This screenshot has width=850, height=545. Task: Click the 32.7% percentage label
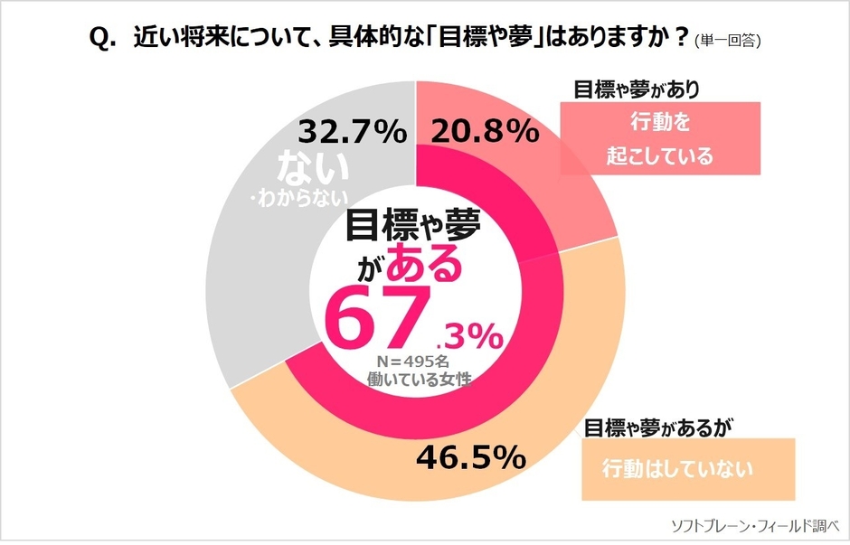[352, 133]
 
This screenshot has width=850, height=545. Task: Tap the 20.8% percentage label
[480, 133]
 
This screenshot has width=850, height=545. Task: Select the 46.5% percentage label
[470, 457]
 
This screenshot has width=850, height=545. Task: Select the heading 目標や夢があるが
[656, 426]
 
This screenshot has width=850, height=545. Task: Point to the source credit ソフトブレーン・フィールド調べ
[755, 525]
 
